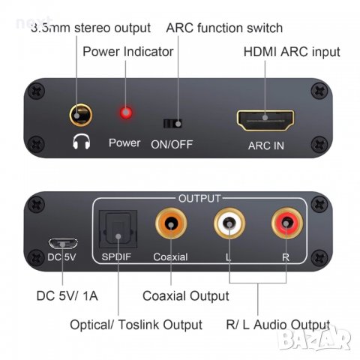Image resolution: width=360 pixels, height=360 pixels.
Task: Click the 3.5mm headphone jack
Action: click(78, 116)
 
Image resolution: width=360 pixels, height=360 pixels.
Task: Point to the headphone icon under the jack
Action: click(78, 141)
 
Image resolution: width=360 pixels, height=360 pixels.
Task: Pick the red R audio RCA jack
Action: click(283, 223)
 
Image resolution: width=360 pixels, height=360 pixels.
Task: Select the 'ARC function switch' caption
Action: click(224, 28)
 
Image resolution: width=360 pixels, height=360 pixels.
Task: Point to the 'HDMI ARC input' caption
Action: click(292, 52)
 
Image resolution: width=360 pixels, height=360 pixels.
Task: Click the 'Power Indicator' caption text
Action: click(127, 52)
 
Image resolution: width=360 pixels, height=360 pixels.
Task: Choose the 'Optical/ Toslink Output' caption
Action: click(136, 325)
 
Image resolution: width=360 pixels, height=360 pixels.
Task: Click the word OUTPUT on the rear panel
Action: click(199, 199)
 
